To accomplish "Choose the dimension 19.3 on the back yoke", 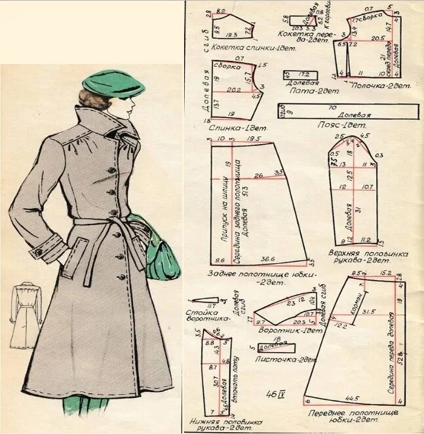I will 231,35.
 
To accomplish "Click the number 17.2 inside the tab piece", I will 304,74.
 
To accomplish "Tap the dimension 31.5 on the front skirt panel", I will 369,312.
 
